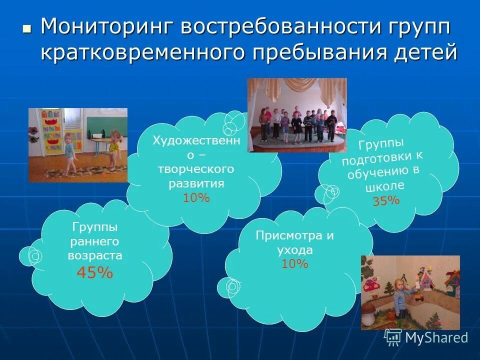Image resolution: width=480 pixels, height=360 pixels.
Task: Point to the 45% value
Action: click(94, 273)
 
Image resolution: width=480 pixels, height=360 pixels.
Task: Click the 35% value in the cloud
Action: click(386, 201)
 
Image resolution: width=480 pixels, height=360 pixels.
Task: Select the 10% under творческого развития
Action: click(196, 198)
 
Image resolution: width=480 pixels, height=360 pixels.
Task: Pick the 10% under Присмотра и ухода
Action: click(295, 264)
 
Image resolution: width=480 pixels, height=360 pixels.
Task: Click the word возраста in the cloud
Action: click(95, 255)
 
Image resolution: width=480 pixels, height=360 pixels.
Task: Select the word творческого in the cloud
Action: click(196, 169)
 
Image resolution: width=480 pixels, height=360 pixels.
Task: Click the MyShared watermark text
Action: click(436, 338)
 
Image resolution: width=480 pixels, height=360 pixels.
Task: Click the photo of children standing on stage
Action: click(297, 115)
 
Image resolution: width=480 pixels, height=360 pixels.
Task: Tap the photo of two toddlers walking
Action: click(77, 145)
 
